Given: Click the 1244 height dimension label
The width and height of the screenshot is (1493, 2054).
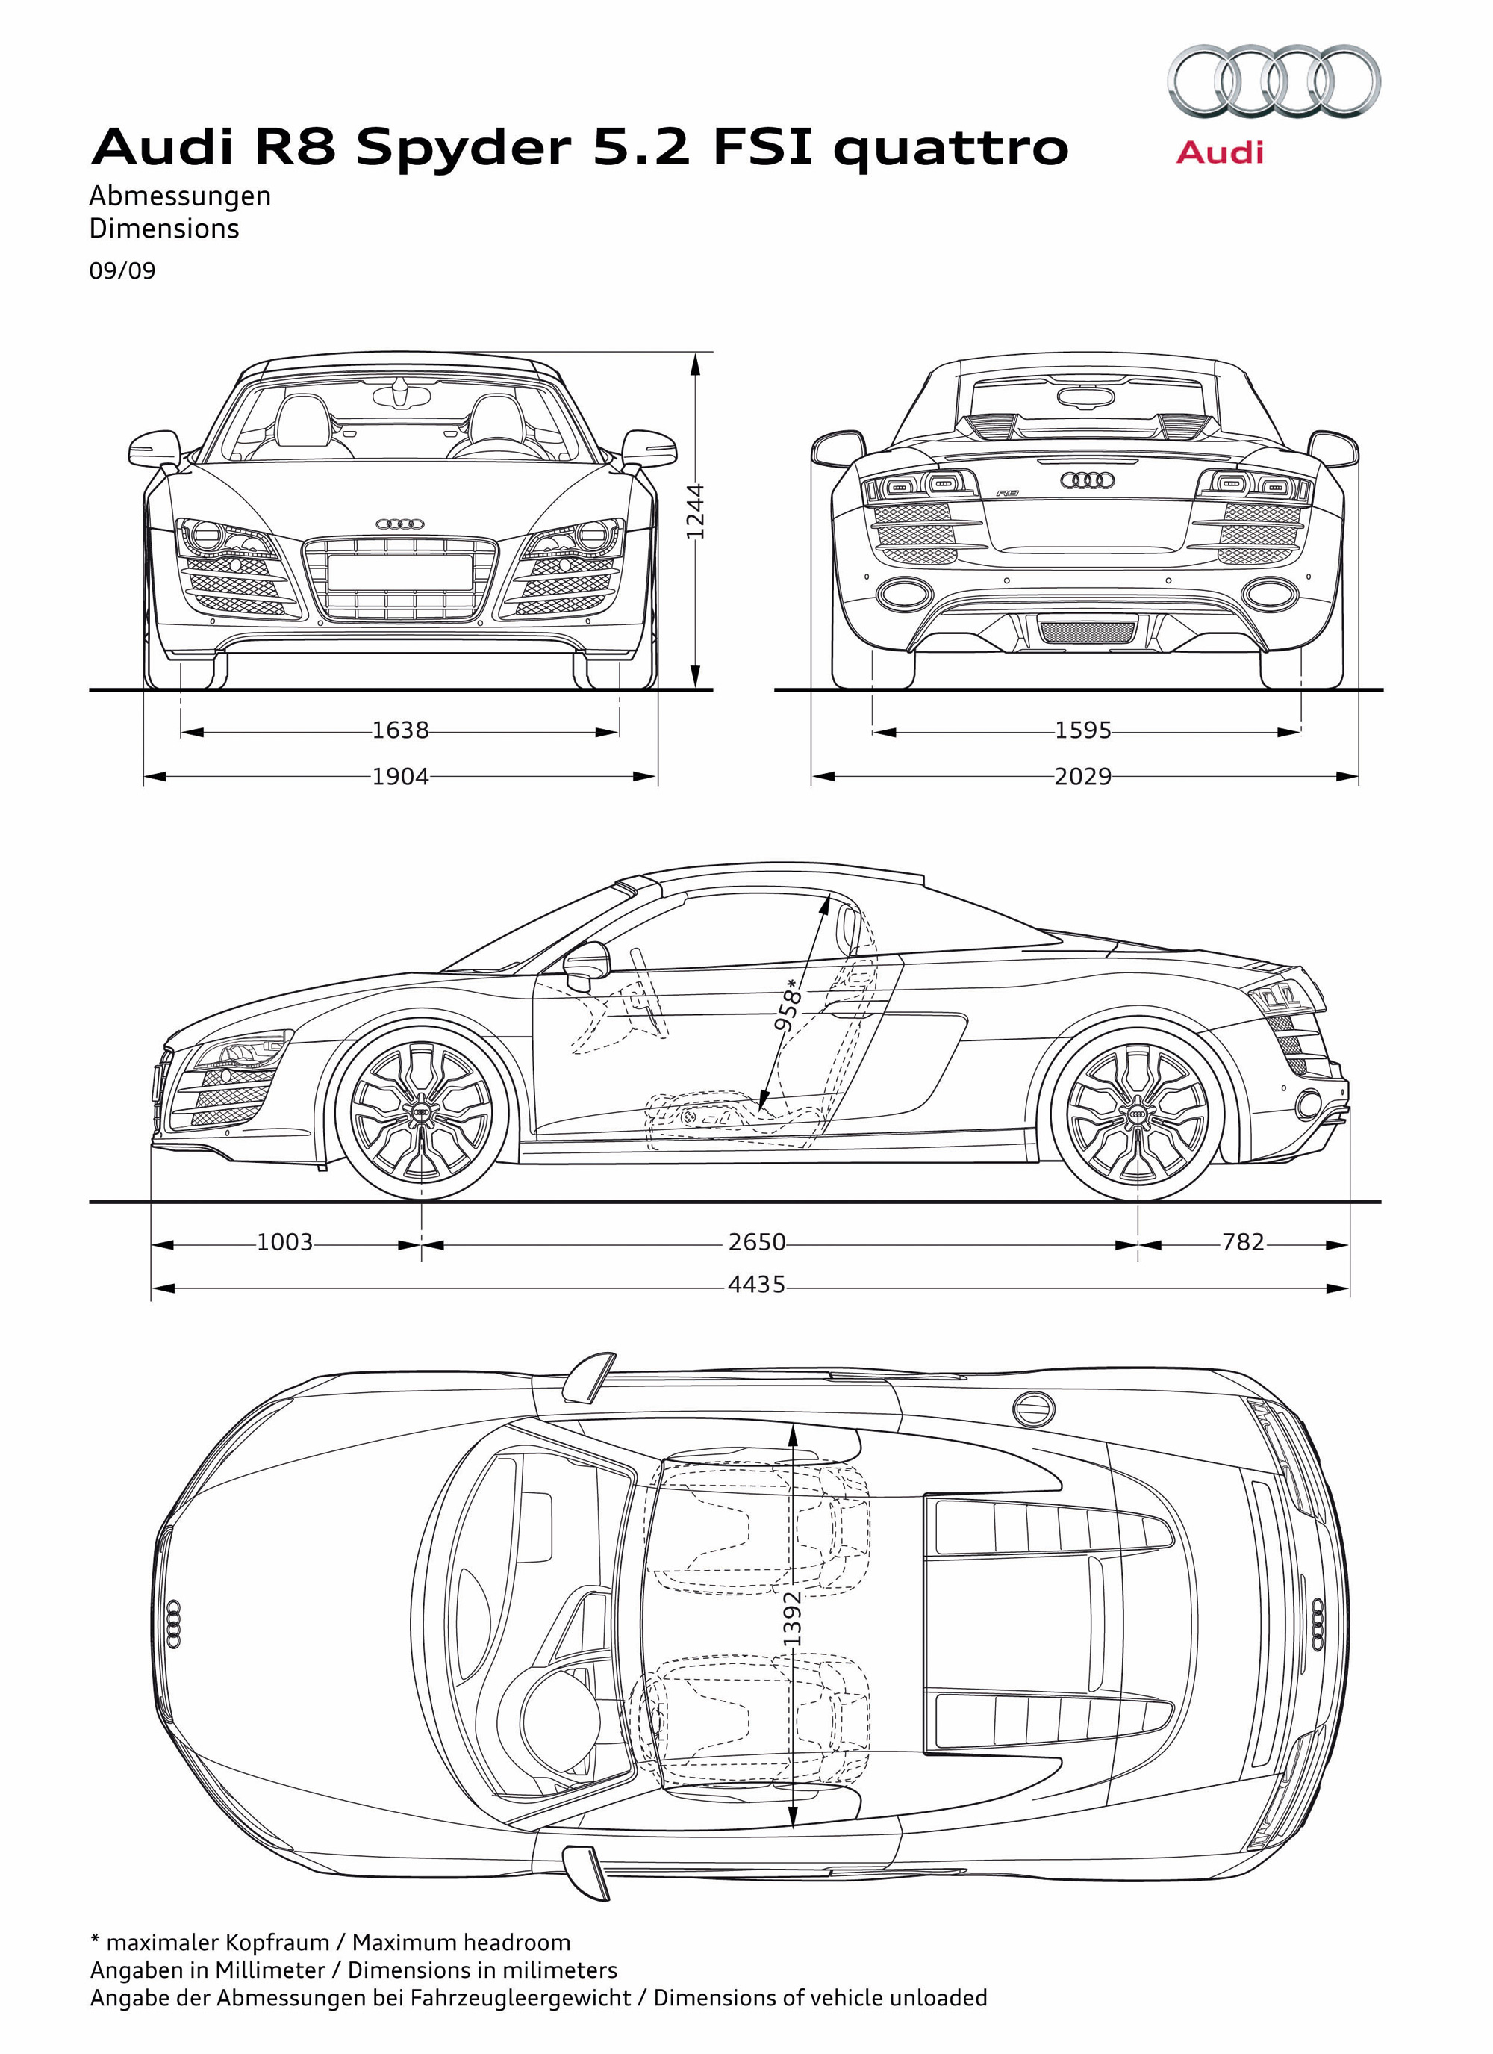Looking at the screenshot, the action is pyautogui.click(x=694, y=511).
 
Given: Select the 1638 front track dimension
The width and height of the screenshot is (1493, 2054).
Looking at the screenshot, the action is pyautogui.click(x=400, y=730).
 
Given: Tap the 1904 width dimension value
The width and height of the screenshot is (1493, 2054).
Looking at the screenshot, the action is pyautogui.click(x=400, y=776).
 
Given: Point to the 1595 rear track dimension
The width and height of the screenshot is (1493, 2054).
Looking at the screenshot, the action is pyautogui.click(x=1083, y=730).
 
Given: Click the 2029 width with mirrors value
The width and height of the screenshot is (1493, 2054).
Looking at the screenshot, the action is pyautogui.click(x=1083, y=776).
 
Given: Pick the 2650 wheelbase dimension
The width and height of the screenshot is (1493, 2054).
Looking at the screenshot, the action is pyautogui.click(x=757, y=1241).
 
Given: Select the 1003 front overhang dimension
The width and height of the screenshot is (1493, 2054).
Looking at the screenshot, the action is pyautogui.click(x=284, y=1241).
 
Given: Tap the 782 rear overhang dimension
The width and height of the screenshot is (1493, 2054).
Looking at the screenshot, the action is pyautogui.click(x=1242, y=1241).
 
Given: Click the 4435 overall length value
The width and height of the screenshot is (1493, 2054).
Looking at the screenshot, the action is pyautogui.click(x=757, y=1284).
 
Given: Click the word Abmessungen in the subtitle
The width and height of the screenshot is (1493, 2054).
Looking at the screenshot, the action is pyautogui.click(x=180, y=196).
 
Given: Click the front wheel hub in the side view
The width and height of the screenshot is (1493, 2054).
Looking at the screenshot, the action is pyautogui.click(x=422, y=1112).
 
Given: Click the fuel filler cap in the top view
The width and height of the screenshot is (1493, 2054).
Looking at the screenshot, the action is pyautogui.click(x=1033, y=1408).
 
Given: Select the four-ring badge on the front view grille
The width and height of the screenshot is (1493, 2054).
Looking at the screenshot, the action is pyautogui.click(x=400, y=524).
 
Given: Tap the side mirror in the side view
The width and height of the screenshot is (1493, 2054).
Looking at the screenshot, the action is pyautogui.click(x=588, y=966).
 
